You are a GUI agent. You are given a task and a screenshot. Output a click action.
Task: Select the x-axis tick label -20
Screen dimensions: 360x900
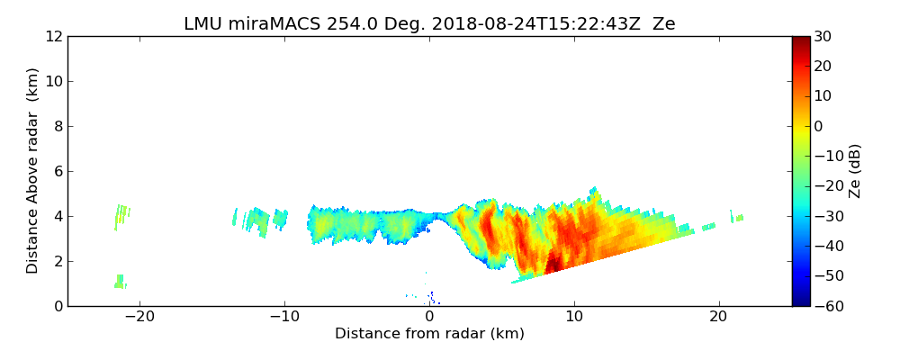pos(139,317)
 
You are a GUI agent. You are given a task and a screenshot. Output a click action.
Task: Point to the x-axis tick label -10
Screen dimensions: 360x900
pos(284,317)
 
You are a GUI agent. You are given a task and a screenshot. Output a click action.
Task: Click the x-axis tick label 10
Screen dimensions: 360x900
pos(573,317)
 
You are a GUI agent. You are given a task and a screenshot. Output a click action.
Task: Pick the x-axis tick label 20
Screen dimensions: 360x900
pos(718,317)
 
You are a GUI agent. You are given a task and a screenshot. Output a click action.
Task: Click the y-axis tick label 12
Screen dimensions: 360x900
pos(54,37)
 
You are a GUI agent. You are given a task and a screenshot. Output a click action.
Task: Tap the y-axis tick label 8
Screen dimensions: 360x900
pos(58,127)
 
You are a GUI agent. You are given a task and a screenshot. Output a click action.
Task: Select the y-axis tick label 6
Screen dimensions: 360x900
pos(58,172)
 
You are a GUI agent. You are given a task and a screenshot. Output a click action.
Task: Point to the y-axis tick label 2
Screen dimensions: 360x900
pos(58,262)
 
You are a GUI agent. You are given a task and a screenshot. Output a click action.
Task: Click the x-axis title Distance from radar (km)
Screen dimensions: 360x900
pos(429,334)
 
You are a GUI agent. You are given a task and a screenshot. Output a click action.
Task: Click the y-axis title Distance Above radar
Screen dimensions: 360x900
pos(33,171)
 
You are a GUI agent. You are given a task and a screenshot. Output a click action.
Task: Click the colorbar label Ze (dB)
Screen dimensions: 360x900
pos(855,171)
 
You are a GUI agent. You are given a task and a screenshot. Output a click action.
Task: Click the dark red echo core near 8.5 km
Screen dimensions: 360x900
pos(552,263)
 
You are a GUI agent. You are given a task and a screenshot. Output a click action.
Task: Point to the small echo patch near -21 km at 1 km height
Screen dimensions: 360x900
pos(119,281)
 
